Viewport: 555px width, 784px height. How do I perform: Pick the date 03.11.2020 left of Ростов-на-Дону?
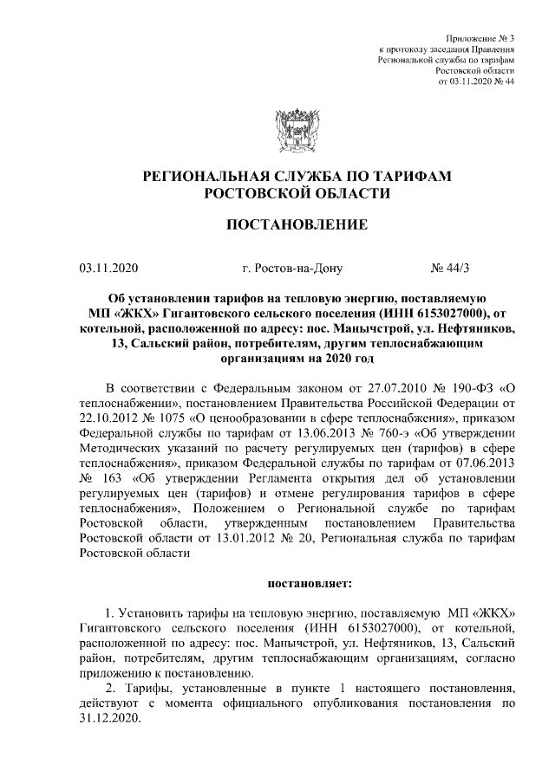[108, 269]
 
